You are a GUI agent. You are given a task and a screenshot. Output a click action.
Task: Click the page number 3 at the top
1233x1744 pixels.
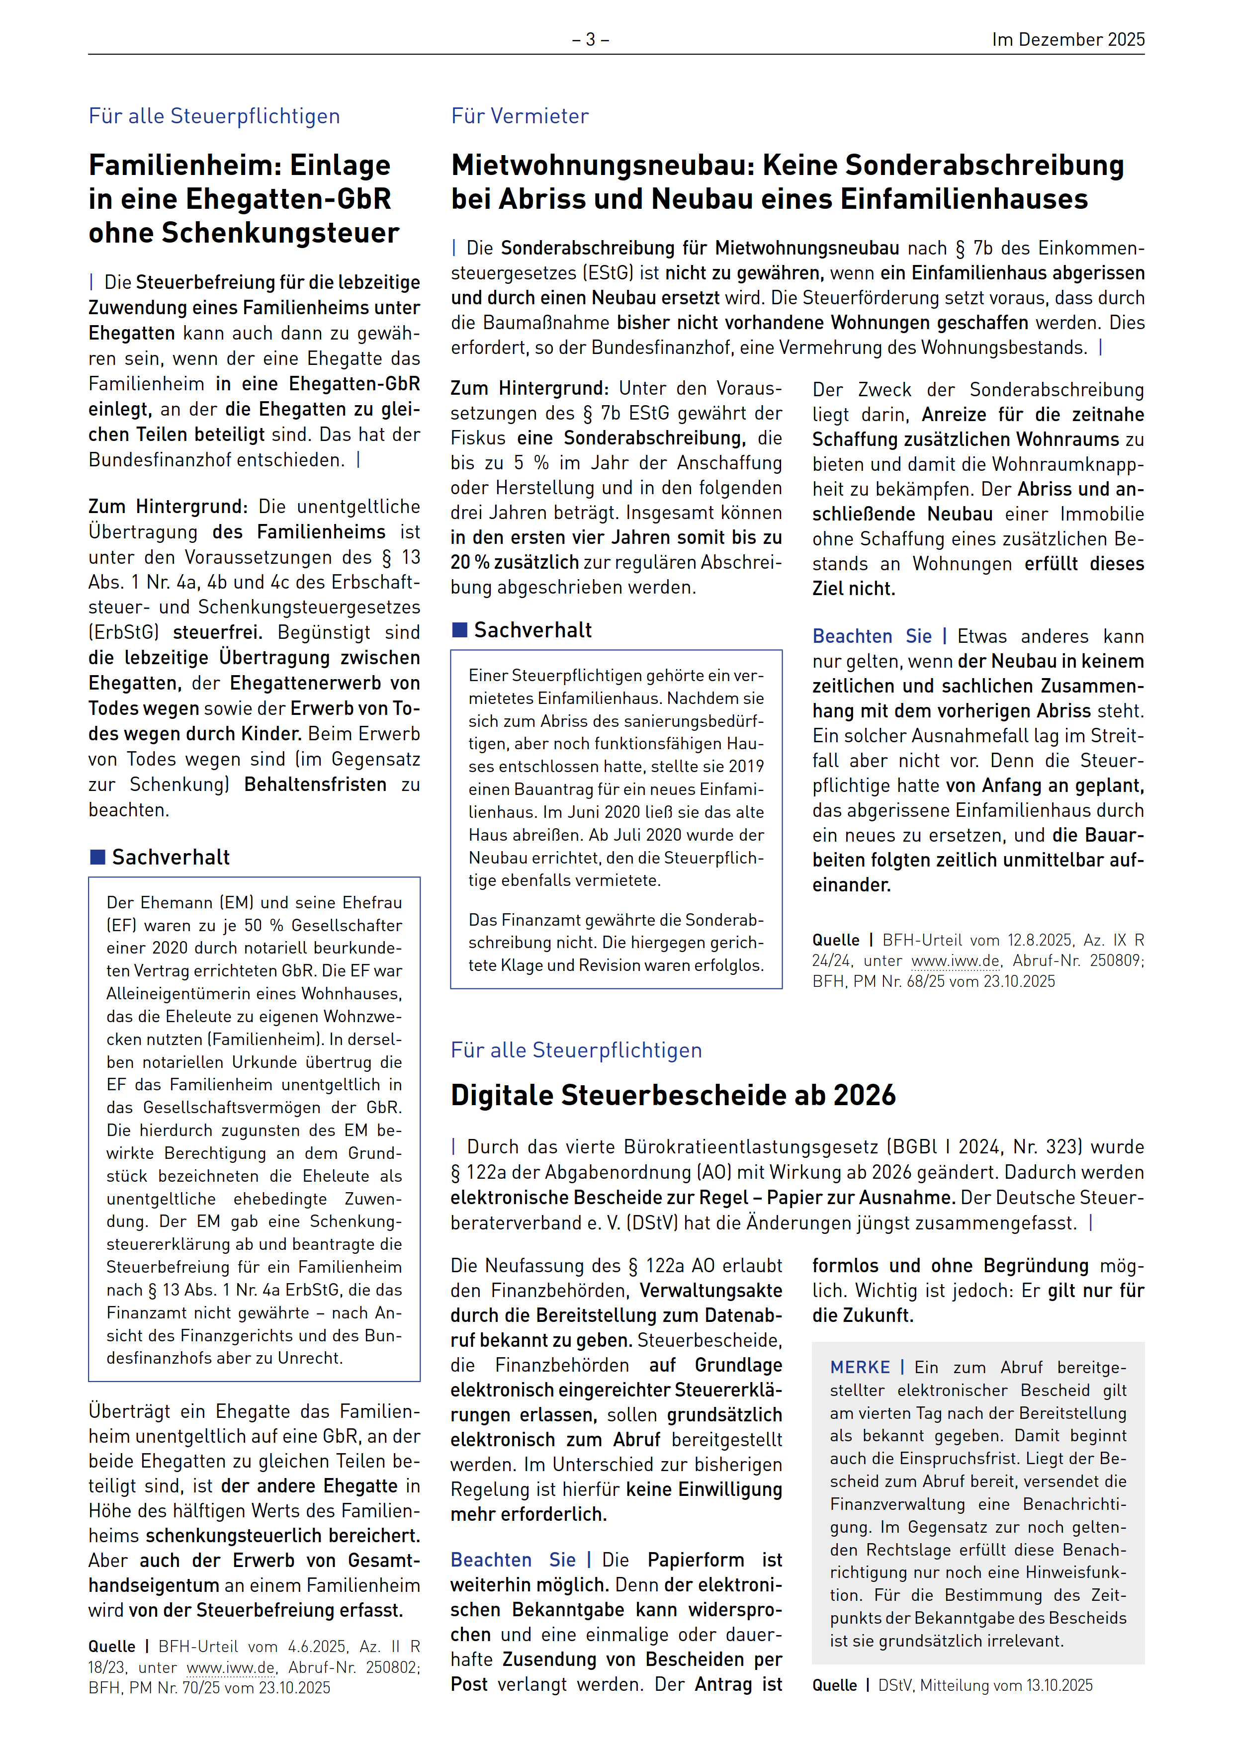pyautogui.click(x=590, y=39)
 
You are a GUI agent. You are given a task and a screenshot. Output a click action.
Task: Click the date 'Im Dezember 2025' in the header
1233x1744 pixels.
pyautogui.click(x=1067, y=39)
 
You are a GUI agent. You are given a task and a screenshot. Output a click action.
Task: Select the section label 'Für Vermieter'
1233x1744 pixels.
pyautogui.click(x=520, y=116)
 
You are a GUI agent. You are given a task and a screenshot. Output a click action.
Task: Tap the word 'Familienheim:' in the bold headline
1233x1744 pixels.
pyautogui.click(x=184, y=166)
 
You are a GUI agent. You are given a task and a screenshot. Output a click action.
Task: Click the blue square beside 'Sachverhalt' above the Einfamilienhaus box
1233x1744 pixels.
pyautogui.click(x=459, y=630)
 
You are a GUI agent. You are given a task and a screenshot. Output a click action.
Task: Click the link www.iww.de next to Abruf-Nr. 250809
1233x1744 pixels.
pyautogui.click(x=955, y=961)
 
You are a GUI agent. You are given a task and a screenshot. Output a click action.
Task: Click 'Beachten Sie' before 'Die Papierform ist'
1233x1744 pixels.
pyautogui.click(x=512, y=1560)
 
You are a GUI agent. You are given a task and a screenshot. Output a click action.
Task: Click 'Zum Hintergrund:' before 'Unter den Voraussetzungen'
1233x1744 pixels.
pyautogui.click(x=529, y=389)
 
